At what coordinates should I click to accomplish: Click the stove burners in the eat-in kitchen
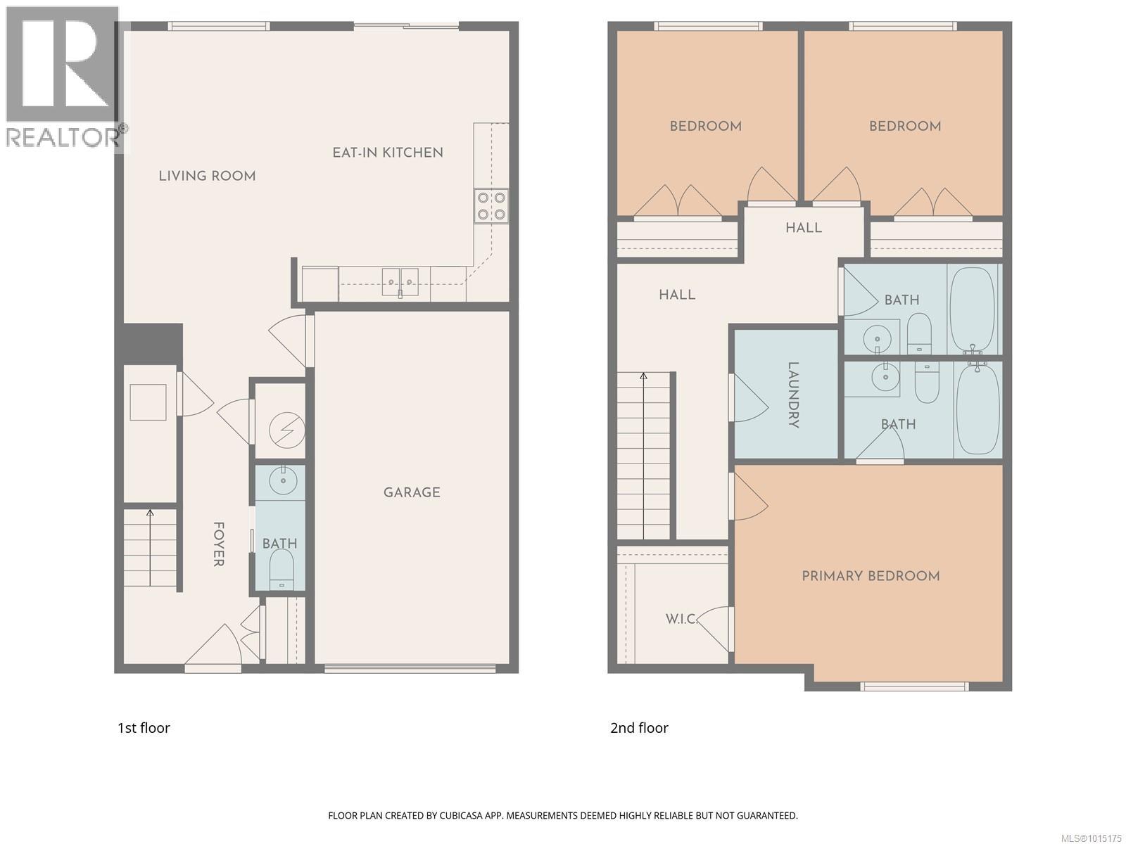pyautogui.click(x=491, y=205)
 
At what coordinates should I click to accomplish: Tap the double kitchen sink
pyautogui.click(x=400, y=282)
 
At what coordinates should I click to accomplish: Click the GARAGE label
pyautogui.click(x=412, y=492)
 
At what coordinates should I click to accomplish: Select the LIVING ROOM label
pyautogui.click(x=207, y=176)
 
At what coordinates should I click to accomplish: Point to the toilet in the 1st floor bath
pyautogui.click(x=281, y=566)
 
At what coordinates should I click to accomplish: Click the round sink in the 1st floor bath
pyautogui.click(x=284, y=480)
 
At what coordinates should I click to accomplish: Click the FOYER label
pyautogui.click(x=218, y=544)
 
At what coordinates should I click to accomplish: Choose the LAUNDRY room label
pyautogui.click(x=793, y=395)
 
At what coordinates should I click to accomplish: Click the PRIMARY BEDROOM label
pyautogui.click(x=871, y=576)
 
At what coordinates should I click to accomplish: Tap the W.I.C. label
pyautogui.click(x=681, y=619)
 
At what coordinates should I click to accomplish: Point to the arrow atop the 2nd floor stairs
pyautogui.click(x=643, y=378)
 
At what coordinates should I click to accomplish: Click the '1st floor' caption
pyautogui.click(x=144, y=728)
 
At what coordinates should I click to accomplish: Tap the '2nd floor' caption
pyautogui.click(x=639, y=728)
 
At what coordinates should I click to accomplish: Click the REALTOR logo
pyautogui.click(x=63, y=77)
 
